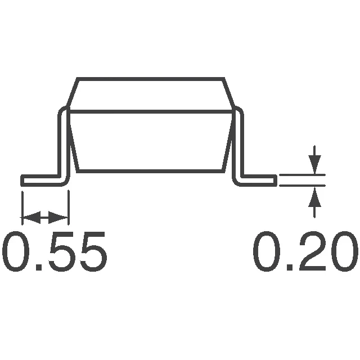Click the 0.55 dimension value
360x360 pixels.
tap(55, 251)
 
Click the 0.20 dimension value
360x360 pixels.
tap(305, 251)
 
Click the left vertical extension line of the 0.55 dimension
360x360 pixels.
tap(22, 205)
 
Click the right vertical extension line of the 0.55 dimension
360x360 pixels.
tap(68, 205)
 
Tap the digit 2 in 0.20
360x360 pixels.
tap(305, 251)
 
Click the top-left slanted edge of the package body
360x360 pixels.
tap(71, 93)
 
